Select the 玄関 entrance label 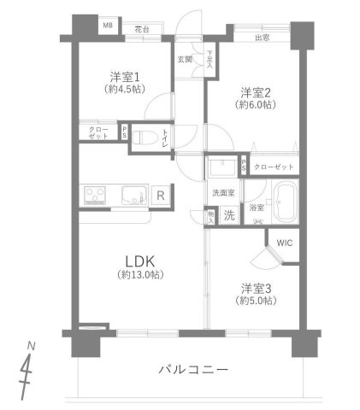click(x=185, y=59)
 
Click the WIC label click(x=283, y=243)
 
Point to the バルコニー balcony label click(x=193, y=370)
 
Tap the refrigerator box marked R click(x=160, y=196)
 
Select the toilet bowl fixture click(x=147, y=137)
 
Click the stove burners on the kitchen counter click(x=95, y=195)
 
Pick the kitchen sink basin click(x=133, y=195)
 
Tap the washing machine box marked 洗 click(x=229, y=215)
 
